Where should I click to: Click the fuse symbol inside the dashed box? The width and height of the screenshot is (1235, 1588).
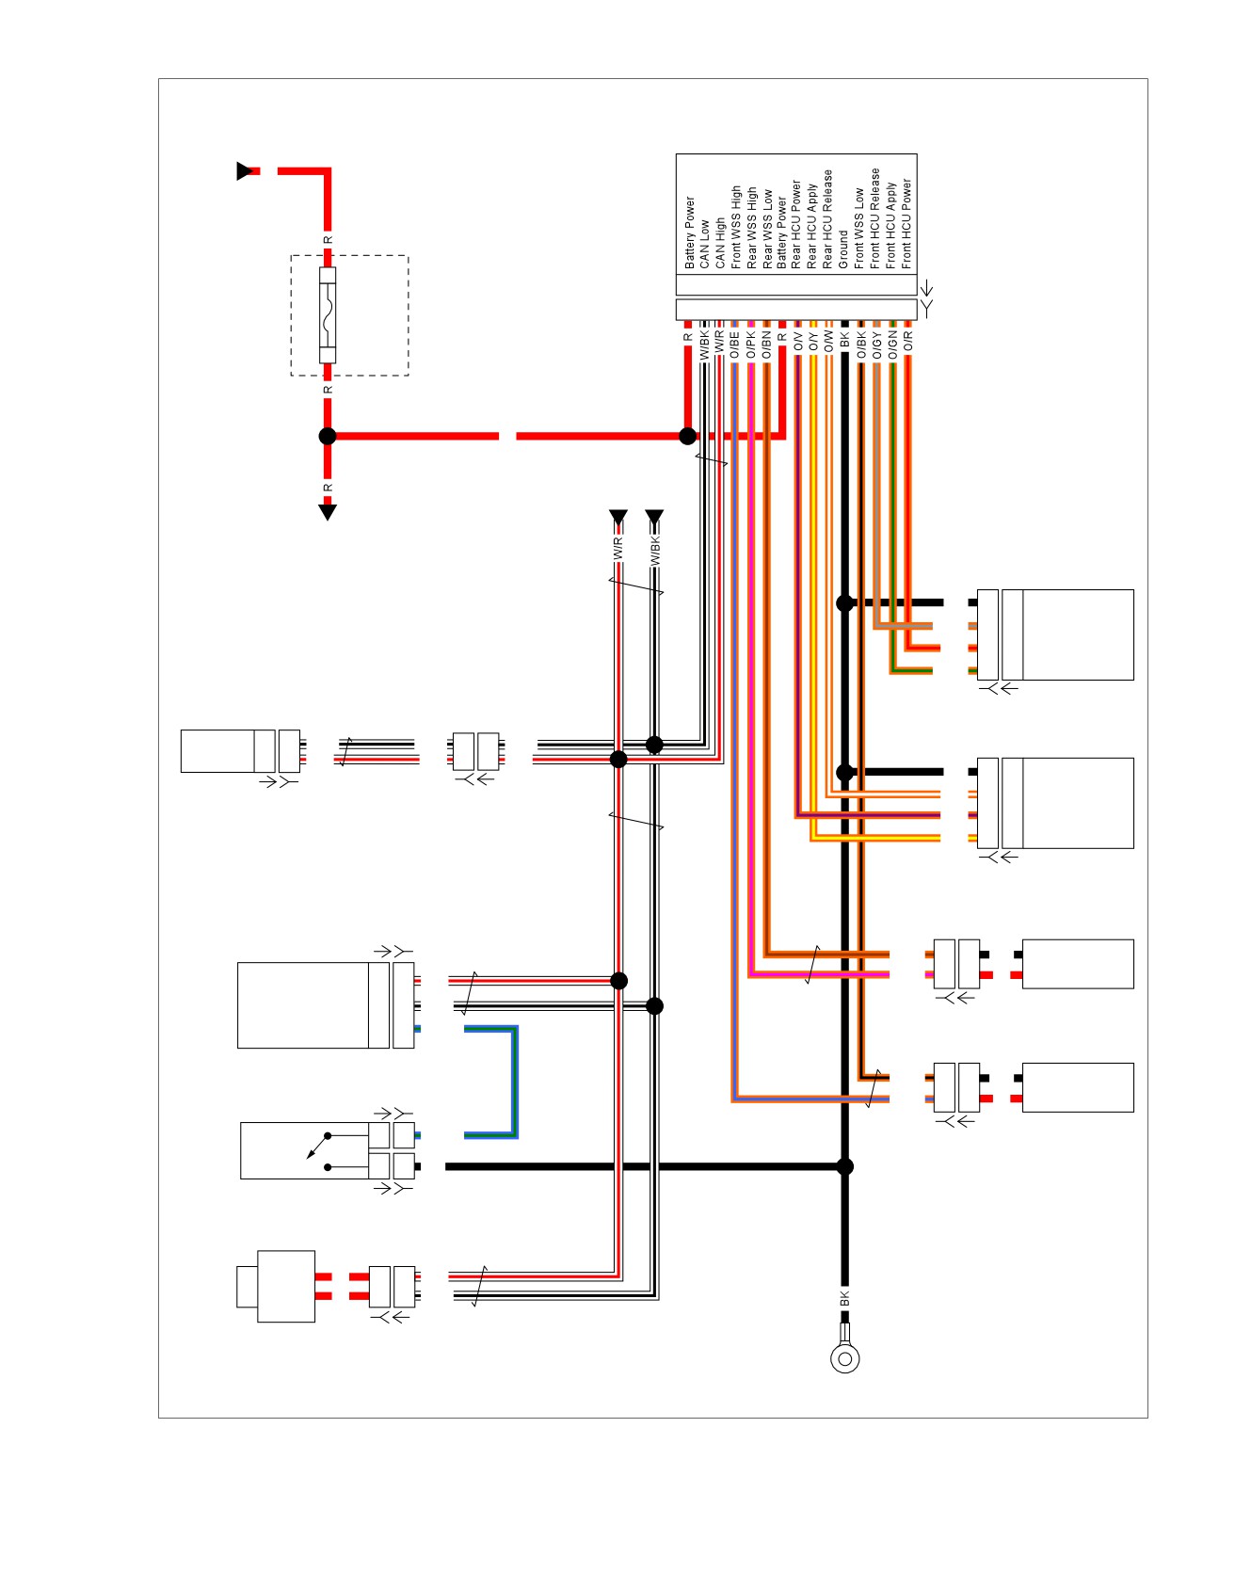[x=328, y=315]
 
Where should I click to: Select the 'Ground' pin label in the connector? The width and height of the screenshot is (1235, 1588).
[x=843, y=250]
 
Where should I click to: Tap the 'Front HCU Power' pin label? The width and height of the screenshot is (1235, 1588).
[x=906, y=224]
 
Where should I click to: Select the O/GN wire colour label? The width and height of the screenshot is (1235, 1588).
[x=891, y=345]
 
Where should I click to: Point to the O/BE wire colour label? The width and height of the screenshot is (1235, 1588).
[x=735, y=345]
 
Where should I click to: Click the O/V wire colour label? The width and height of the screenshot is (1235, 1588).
[x=797, y=341]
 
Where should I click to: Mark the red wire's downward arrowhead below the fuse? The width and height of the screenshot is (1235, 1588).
[x=328, y=512]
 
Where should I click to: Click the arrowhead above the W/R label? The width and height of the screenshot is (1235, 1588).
[x=618, y=518]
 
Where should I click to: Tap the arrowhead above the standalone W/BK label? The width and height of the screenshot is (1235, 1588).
[x=655, y=518]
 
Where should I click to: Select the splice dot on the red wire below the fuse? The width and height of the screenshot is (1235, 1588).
[x=328, y=436]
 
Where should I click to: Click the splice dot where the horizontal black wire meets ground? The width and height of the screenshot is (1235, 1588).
[x=845, y=1166]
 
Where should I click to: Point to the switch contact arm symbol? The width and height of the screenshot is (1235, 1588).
[x=318, y=1147]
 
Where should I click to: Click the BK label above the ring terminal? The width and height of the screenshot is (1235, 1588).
[x=844, y=1298]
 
